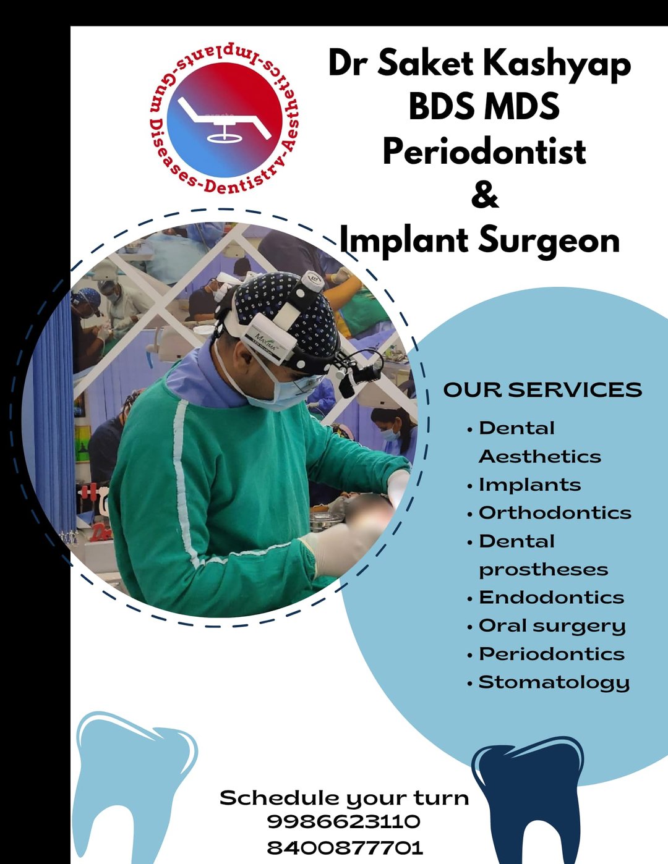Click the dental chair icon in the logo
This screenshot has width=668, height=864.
click(x=224, y=120)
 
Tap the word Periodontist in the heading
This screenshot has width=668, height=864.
click(x=484, y=151)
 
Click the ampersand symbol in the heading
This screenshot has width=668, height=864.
click(x=484, y=195)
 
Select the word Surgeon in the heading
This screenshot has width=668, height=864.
click(x=549, y=240)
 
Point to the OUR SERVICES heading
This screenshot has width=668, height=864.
click(x=542, y=389)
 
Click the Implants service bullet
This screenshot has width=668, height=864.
click(x=529, y=485)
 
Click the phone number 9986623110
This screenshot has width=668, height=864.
click(x=344, y=821)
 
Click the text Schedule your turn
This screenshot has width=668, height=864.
click(x=344, y=798)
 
